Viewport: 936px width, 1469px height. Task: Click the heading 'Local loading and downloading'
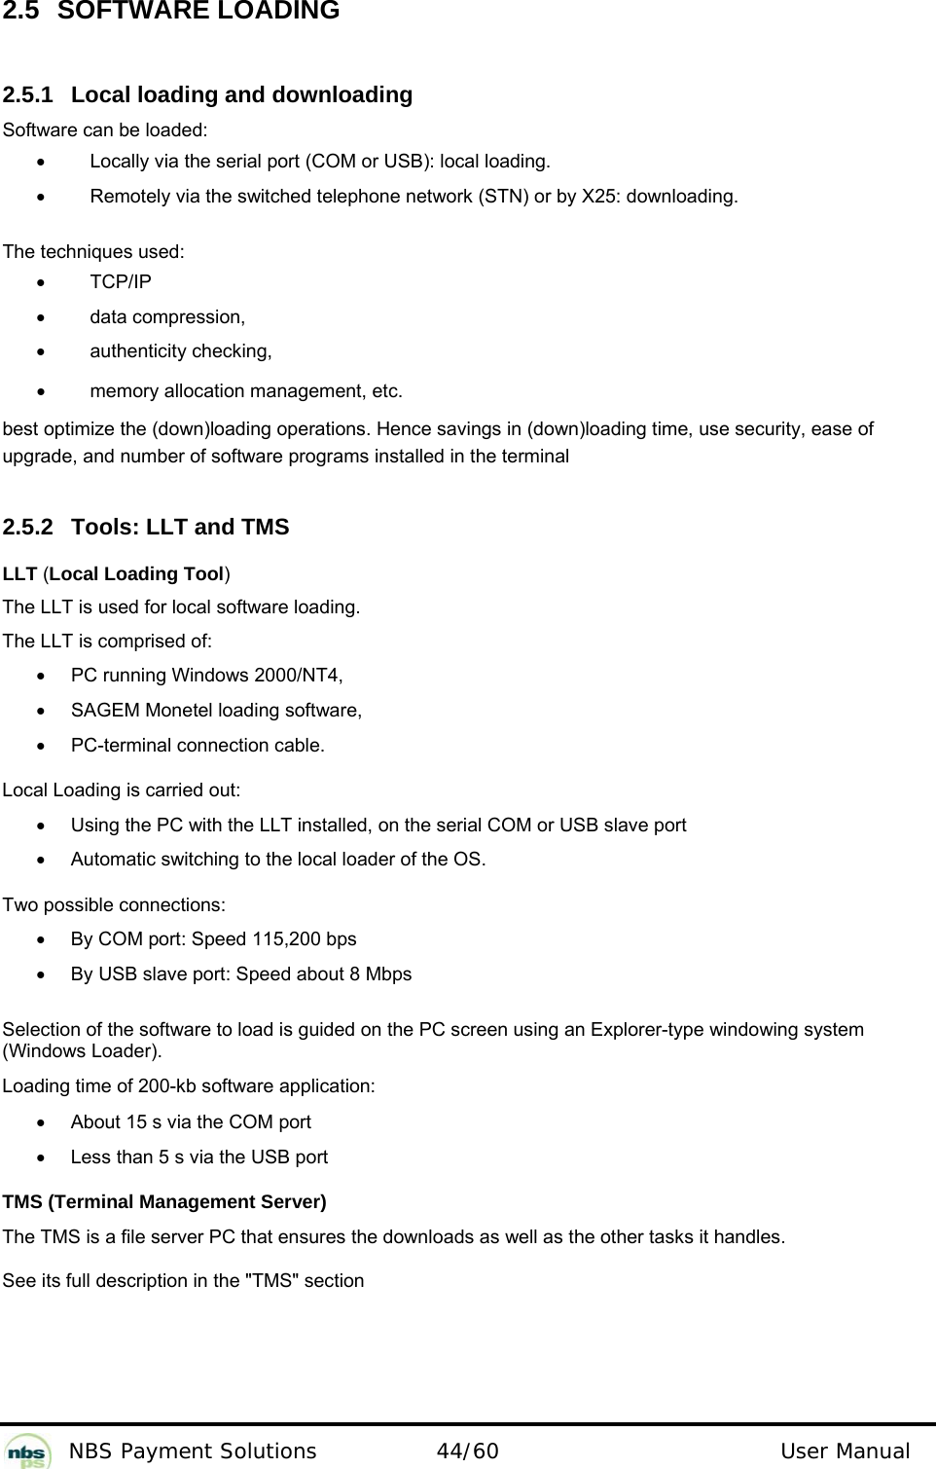241,95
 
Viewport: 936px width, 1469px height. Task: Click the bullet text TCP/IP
121,282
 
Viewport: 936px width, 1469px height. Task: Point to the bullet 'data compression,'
167,317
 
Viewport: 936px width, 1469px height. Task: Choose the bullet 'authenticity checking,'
181,351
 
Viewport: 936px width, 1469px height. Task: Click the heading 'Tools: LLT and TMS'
180,528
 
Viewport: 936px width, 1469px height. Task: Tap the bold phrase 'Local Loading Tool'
137,574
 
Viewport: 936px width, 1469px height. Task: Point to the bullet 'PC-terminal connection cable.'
198,746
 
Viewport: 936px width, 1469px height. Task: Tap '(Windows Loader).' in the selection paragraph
83,1051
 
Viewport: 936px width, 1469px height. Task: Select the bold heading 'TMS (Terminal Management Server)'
164,1202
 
